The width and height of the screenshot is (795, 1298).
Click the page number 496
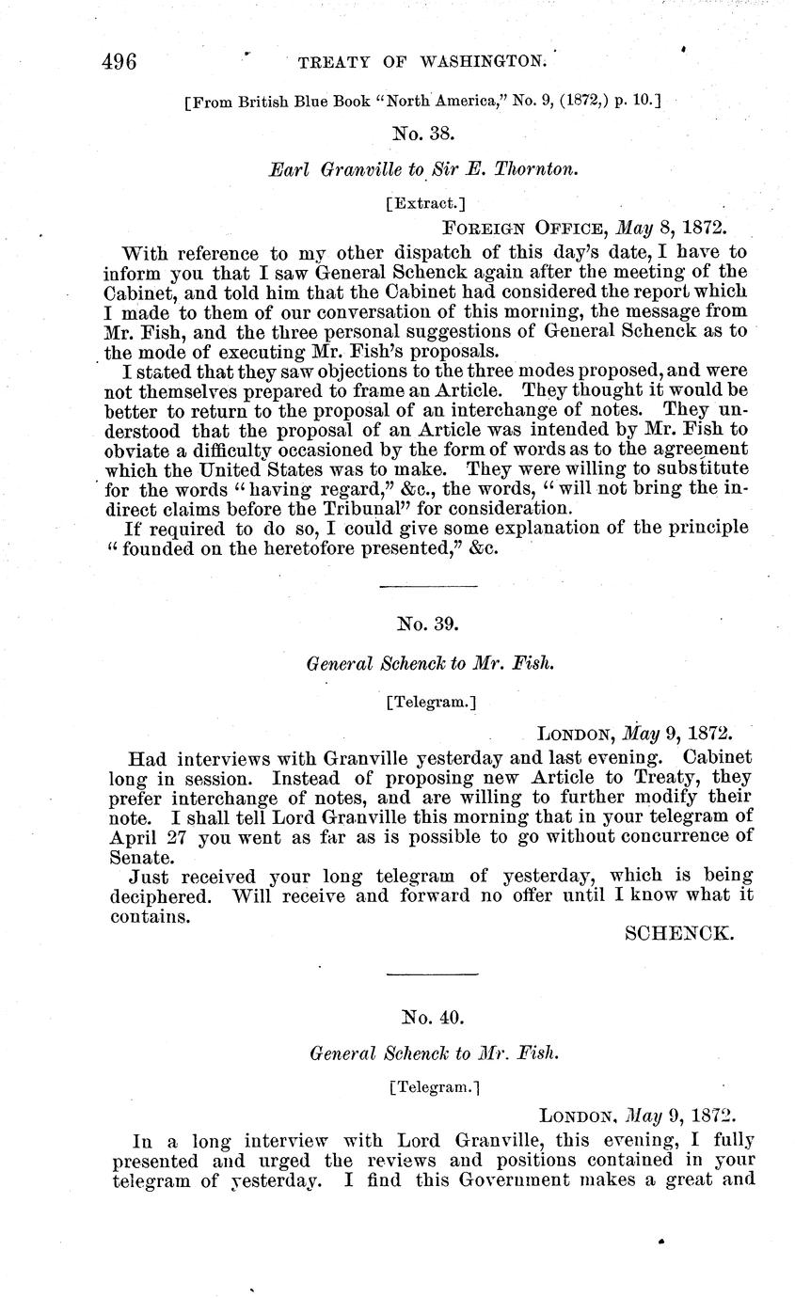[x=120, y=61]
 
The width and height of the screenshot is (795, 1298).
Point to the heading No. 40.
[x=433, y=1016]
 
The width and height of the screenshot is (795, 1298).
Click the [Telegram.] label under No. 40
[x=434, y=1087]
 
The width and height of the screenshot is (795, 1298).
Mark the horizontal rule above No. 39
[x=428, y=586]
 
